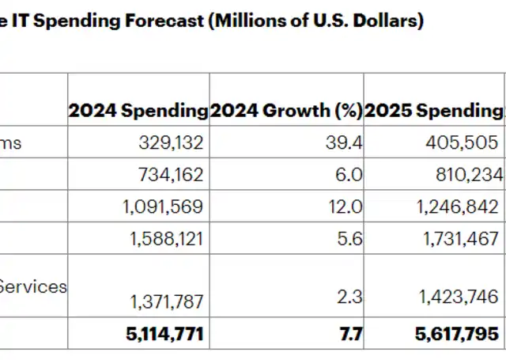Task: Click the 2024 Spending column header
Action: [138, 111]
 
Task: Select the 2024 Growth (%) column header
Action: [285, 111]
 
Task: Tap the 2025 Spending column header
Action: [434, 111]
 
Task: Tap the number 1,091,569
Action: [163, 207]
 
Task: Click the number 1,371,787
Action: [164, 300]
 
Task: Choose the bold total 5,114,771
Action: [164, 335]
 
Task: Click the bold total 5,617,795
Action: [457, 335]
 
